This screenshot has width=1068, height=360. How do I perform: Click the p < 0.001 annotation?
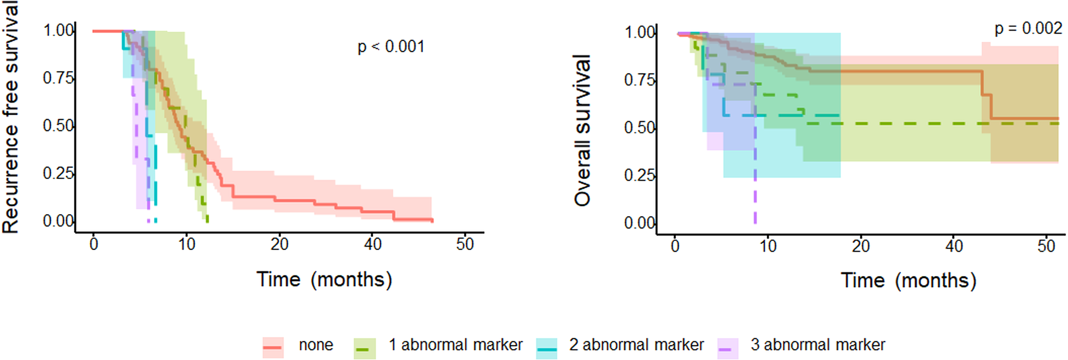(391, 47)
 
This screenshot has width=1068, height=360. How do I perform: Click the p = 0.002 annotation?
(1028, 28)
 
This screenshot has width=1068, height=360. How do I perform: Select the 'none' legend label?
(316, 345)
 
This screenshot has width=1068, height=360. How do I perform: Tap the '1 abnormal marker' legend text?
(455, 345)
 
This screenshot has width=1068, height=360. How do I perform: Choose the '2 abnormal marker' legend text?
(636, 345)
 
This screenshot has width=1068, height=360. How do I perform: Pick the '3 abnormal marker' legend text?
(818, 345)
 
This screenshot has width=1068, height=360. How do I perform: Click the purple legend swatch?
(728, 348)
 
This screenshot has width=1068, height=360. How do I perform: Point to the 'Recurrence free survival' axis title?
(11, 118)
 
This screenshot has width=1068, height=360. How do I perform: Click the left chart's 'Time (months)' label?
(324, 279)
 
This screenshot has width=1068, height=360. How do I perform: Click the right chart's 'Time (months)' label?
(908, 280)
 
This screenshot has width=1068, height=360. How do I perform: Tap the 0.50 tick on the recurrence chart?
(58, 126)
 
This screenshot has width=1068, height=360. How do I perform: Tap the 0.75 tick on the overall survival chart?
(640, 80)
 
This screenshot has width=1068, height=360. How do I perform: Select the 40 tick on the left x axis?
(373, 244)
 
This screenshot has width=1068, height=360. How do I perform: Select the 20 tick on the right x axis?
(861, 246)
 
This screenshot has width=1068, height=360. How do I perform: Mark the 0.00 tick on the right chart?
(640, 223)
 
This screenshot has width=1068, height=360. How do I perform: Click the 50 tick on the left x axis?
(465, 244)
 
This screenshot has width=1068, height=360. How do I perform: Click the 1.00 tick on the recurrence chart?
(58, 31)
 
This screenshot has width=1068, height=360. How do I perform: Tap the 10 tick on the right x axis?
(768, 246)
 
